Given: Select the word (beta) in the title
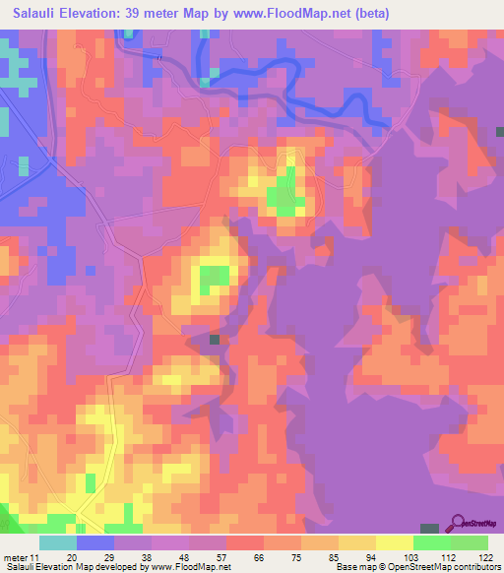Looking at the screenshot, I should click(x=373, y=14).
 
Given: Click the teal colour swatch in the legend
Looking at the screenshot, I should click(x=58, y=542).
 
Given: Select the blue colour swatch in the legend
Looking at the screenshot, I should click(x=95, y=542).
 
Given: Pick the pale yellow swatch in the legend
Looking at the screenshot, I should click(x=394, y=542).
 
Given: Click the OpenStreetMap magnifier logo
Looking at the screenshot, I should click(x=457, y=522).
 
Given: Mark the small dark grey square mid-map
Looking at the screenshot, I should click(x=215, y=340).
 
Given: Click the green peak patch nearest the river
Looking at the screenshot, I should click(x=285, y=192).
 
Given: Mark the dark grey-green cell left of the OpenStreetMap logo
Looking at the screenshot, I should click(x=429, y=530).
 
